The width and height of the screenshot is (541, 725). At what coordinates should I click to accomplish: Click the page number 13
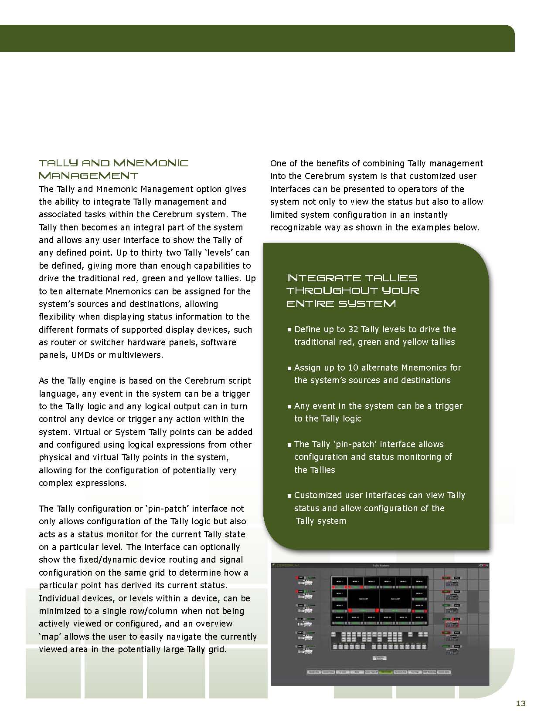[x=521, y=703]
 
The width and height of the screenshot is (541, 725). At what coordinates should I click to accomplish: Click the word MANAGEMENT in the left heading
[x=88, y=176]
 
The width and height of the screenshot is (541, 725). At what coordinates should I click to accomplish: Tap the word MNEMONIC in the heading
[x=151, y=163]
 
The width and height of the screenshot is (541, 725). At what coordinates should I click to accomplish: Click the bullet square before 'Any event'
[x=289, y=407]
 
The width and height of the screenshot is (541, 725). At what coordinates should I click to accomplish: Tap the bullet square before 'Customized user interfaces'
[x=289, y=496]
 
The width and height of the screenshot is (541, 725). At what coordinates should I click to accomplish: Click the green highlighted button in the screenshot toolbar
[x=385, y=672]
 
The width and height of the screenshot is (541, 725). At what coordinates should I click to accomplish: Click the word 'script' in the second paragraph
[x=239, y=381]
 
